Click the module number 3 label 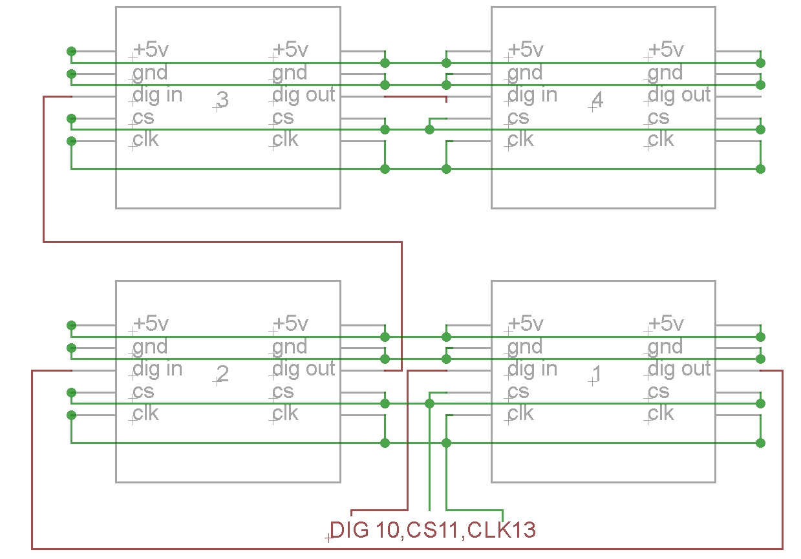tap(222, 100)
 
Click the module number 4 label tap(597, 100)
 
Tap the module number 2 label tap(222, 374)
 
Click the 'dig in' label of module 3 tap(157, 95)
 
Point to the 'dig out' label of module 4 tap(679, 95)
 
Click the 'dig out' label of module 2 tap(303, 369)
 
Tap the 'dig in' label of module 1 tap(532, 369)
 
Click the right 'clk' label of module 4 tap(661, 140)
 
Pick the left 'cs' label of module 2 tap(143, 392)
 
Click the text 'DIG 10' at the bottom tap(367, 531)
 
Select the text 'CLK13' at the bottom tap(502, 531)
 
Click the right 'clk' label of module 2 tap(285, 414)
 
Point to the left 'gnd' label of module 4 tap(525, 73)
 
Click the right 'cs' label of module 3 tap(283, 118)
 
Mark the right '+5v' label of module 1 tap(666, 324)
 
